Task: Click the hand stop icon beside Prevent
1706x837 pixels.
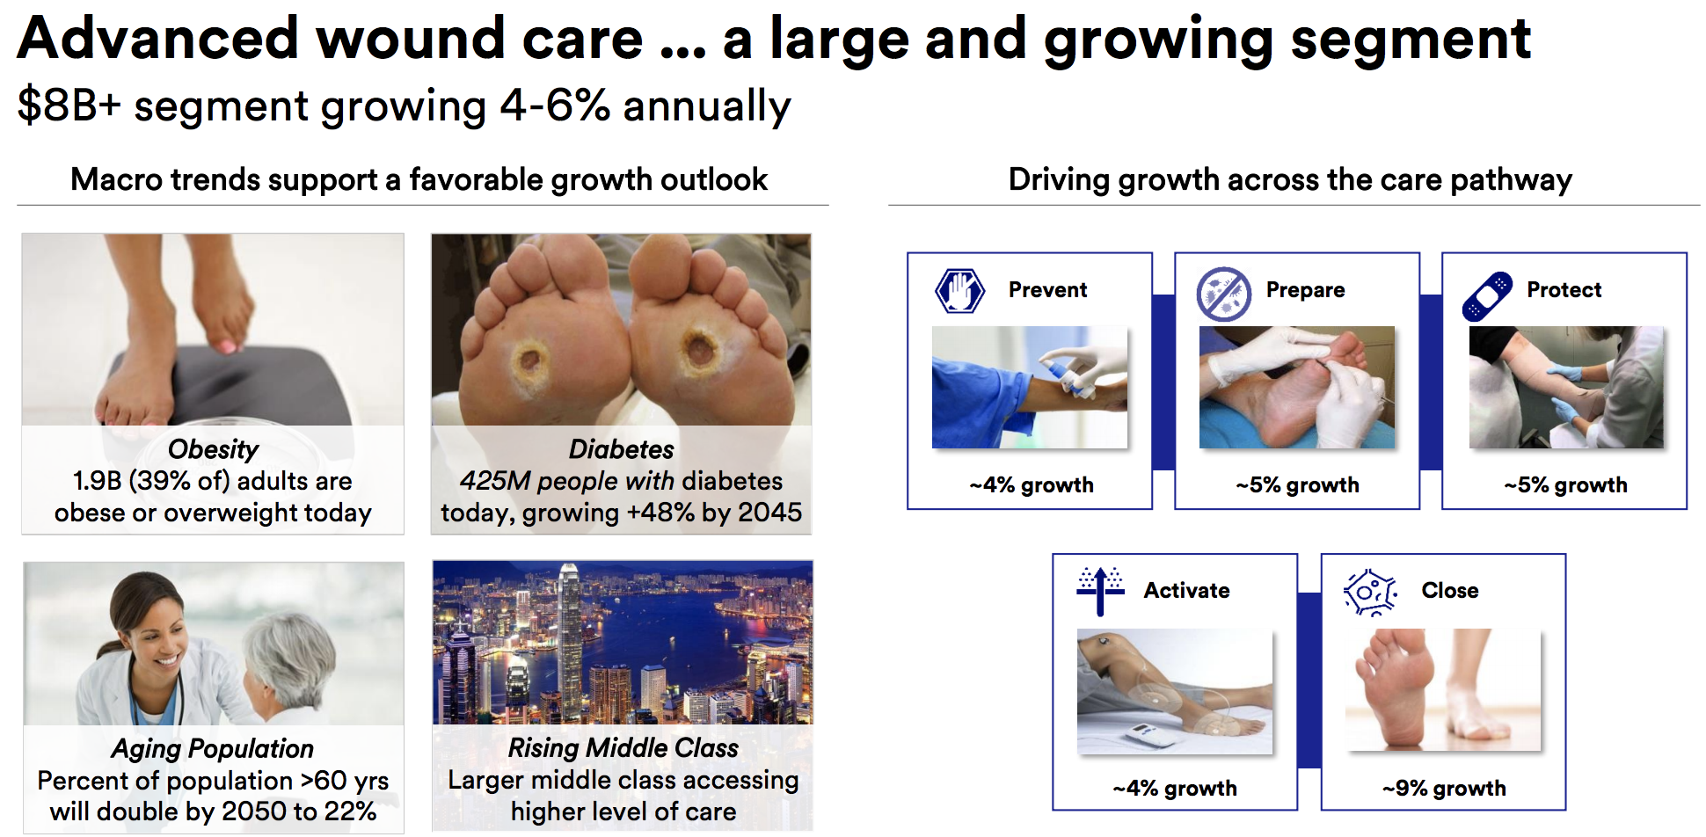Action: tap(959, 291)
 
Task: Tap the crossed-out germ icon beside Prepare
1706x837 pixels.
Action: tap(1223, 294)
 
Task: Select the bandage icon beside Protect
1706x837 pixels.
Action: tap(1487, 296)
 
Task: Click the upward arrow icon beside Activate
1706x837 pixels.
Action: tap(1100, 591)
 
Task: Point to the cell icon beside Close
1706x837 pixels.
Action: tap(1370, 592)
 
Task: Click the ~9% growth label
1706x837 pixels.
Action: tap(1444, 788)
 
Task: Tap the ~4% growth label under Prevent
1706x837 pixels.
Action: tap(1032, 484)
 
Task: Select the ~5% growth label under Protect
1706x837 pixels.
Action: tap(1565, 484)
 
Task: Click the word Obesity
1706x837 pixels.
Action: tap(213, 450)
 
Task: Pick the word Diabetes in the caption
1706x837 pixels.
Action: tap(621, 449)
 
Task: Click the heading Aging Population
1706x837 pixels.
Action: tap(212, 749)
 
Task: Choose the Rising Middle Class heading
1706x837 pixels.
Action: tap(623, 747)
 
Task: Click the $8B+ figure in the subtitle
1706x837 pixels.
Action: tap(69, 106)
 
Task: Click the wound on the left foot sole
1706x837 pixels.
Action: tap(530, 359)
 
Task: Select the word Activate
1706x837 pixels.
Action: tap(1186, 591)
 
